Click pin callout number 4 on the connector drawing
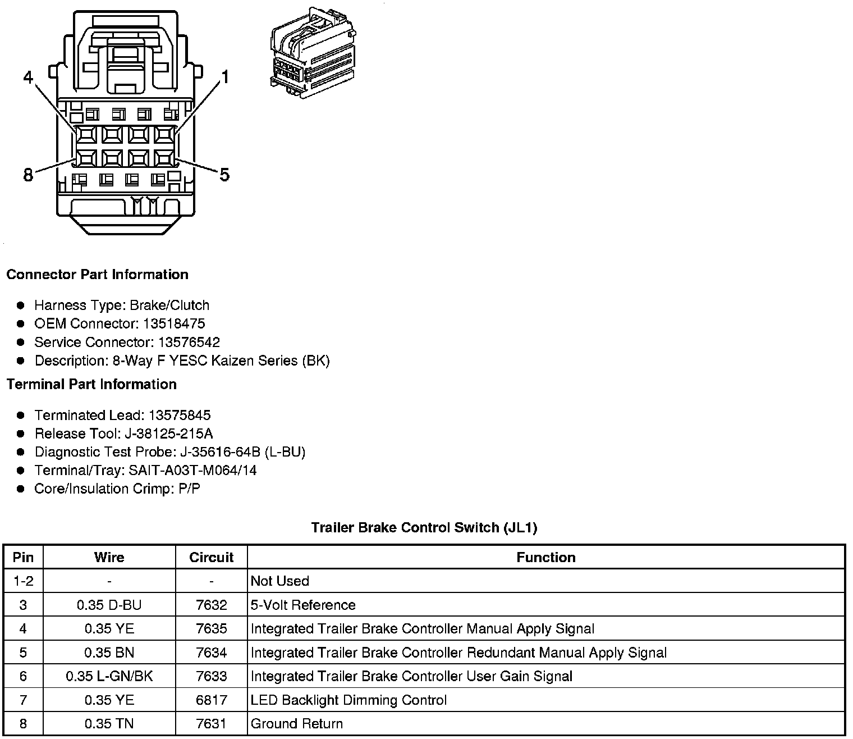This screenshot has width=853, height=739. [x=29, y=77]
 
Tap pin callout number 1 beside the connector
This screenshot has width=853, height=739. [x=224, y=77]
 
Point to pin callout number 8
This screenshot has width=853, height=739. [x=28, y=175]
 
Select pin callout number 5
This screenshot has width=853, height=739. [x=224, y=175]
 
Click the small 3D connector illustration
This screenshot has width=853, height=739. [x=313, y=53]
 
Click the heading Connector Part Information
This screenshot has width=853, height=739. [x=97, y=275]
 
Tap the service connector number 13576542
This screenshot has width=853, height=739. [x=189, y=342]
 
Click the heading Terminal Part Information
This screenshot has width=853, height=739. [x=91, y=384]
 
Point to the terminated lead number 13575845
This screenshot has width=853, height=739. [x=180, y=415]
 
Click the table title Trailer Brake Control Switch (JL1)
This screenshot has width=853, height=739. [x=424, y=528]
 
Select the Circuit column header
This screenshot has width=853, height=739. [x=212, y=557]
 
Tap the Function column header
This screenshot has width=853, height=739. [x=546, y=557]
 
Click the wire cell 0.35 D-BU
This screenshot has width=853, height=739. [x=109, y=605]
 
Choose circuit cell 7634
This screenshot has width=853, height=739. [x=212, y=653]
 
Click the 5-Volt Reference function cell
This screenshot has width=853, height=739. [x=303, y=605]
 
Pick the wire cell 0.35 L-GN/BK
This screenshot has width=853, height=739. [x=109, y=676]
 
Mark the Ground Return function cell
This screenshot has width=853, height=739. [x=296, y=723]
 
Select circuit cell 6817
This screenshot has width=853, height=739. [x=212, y=700]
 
